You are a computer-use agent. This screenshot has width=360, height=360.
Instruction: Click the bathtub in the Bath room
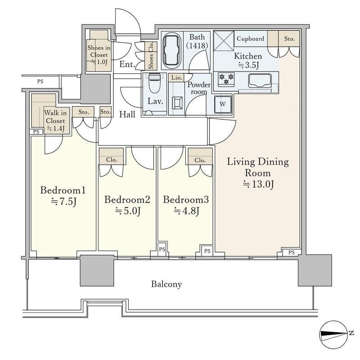coord(171,50)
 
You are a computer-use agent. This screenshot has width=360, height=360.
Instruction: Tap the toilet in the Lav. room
coord(154,83)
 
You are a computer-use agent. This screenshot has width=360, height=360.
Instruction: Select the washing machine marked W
coord(223,104)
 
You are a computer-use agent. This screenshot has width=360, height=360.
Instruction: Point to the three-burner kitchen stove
coord(226,79)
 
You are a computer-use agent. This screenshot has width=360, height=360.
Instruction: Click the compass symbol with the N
coord(334,334)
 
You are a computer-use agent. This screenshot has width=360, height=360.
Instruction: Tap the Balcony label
coord(166,284)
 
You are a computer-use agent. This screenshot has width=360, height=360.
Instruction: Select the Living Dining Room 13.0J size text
coord(259,184)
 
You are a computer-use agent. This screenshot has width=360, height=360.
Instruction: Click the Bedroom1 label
coord(63,190)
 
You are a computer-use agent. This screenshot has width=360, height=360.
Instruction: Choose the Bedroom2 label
coord(127,199)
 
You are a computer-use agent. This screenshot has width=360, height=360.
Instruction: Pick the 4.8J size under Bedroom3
coord(186,210)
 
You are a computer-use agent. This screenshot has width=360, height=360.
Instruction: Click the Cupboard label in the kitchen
coord(251,39)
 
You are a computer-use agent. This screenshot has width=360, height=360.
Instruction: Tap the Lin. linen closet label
coord(177,77)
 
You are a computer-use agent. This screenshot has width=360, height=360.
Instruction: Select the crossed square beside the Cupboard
coord(224,40)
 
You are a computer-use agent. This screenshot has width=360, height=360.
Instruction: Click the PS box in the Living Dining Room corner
coord(292,252)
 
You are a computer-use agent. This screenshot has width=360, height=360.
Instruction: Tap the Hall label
coord(127,114)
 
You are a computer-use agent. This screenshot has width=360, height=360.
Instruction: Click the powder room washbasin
coord(177,103)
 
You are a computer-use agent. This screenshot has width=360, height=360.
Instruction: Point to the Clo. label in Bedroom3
coord(200,160)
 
